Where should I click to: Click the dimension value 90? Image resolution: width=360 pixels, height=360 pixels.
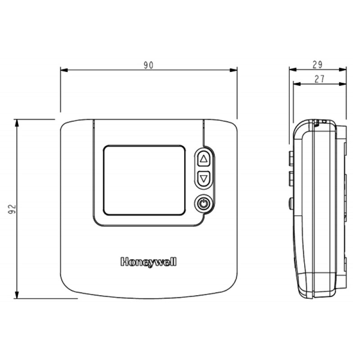pyautogui.click(x=148, y=65)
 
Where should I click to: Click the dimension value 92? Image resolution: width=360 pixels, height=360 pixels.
pyautogui.click(x=12, y=209)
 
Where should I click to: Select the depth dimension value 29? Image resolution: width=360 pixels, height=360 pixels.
pyautogui.click(x=318, y=65)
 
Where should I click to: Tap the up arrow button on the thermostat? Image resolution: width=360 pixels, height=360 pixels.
pyautogui.click(x=204, y=158)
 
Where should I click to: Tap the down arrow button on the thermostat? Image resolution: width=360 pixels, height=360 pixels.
pyautogui.click(x=204, y=178)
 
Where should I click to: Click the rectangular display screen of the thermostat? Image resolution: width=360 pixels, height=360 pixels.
pyautogui.click(x=144, y=180)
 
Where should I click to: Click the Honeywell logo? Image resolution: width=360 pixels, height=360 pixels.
pyautogui.click(x=148, y=262)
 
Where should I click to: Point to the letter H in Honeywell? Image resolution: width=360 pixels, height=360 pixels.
pyautogui.click(x=123, y=262)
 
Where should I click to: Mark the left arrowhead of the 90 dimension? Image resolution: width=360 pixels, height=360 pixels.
pyautogui.click(x=63, y=70)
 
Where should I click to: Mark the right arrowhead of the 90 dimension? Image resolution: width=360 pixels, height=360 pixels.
pyautogui.click(x=234, y=70)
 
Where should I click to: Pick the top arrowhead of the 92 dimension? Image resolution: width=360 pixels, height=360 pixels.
pyautogui.click(x=17, y=122)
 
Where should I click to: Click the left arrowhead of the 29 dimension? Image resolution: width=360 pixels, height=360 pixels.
pyautogui.click(x=292, y=70)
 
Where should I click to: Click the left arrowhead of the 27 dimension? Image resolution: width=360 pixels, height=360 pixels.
pyautogui.click(x=296, y=83)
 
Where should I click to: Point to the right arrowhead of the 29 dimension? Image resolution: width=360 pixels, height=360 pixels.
pyautogui.click(x=344, y=70)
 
